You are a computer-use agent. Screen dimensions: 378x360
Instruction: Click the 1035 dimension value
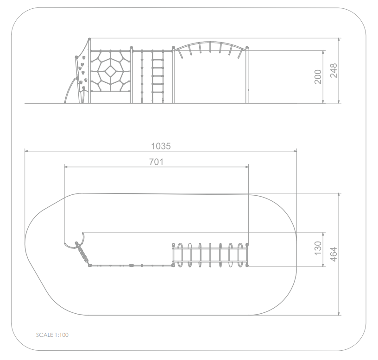161,146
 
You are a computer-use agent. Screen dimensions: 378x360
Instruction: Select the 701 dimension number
156,162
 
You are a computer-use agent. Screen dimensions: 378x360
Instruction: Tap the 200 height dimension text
318,77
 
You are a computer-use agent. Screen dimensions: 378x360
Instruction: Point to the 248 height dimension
334,70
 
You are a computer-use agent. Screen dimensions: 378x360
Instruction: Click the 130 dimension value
318,248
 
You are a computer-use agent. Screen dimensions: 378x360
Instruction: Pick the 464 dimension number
334,254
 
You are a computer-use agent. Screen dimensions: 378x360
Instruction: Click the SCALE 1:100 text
52,335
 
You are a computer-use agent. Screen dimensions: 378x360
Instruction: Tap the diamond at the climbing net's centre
110,71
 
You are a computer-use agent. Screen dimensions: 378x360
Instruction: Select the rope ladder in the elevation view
157,76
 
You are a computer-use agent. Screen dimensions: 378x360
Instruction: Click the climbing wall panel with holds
82,72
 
